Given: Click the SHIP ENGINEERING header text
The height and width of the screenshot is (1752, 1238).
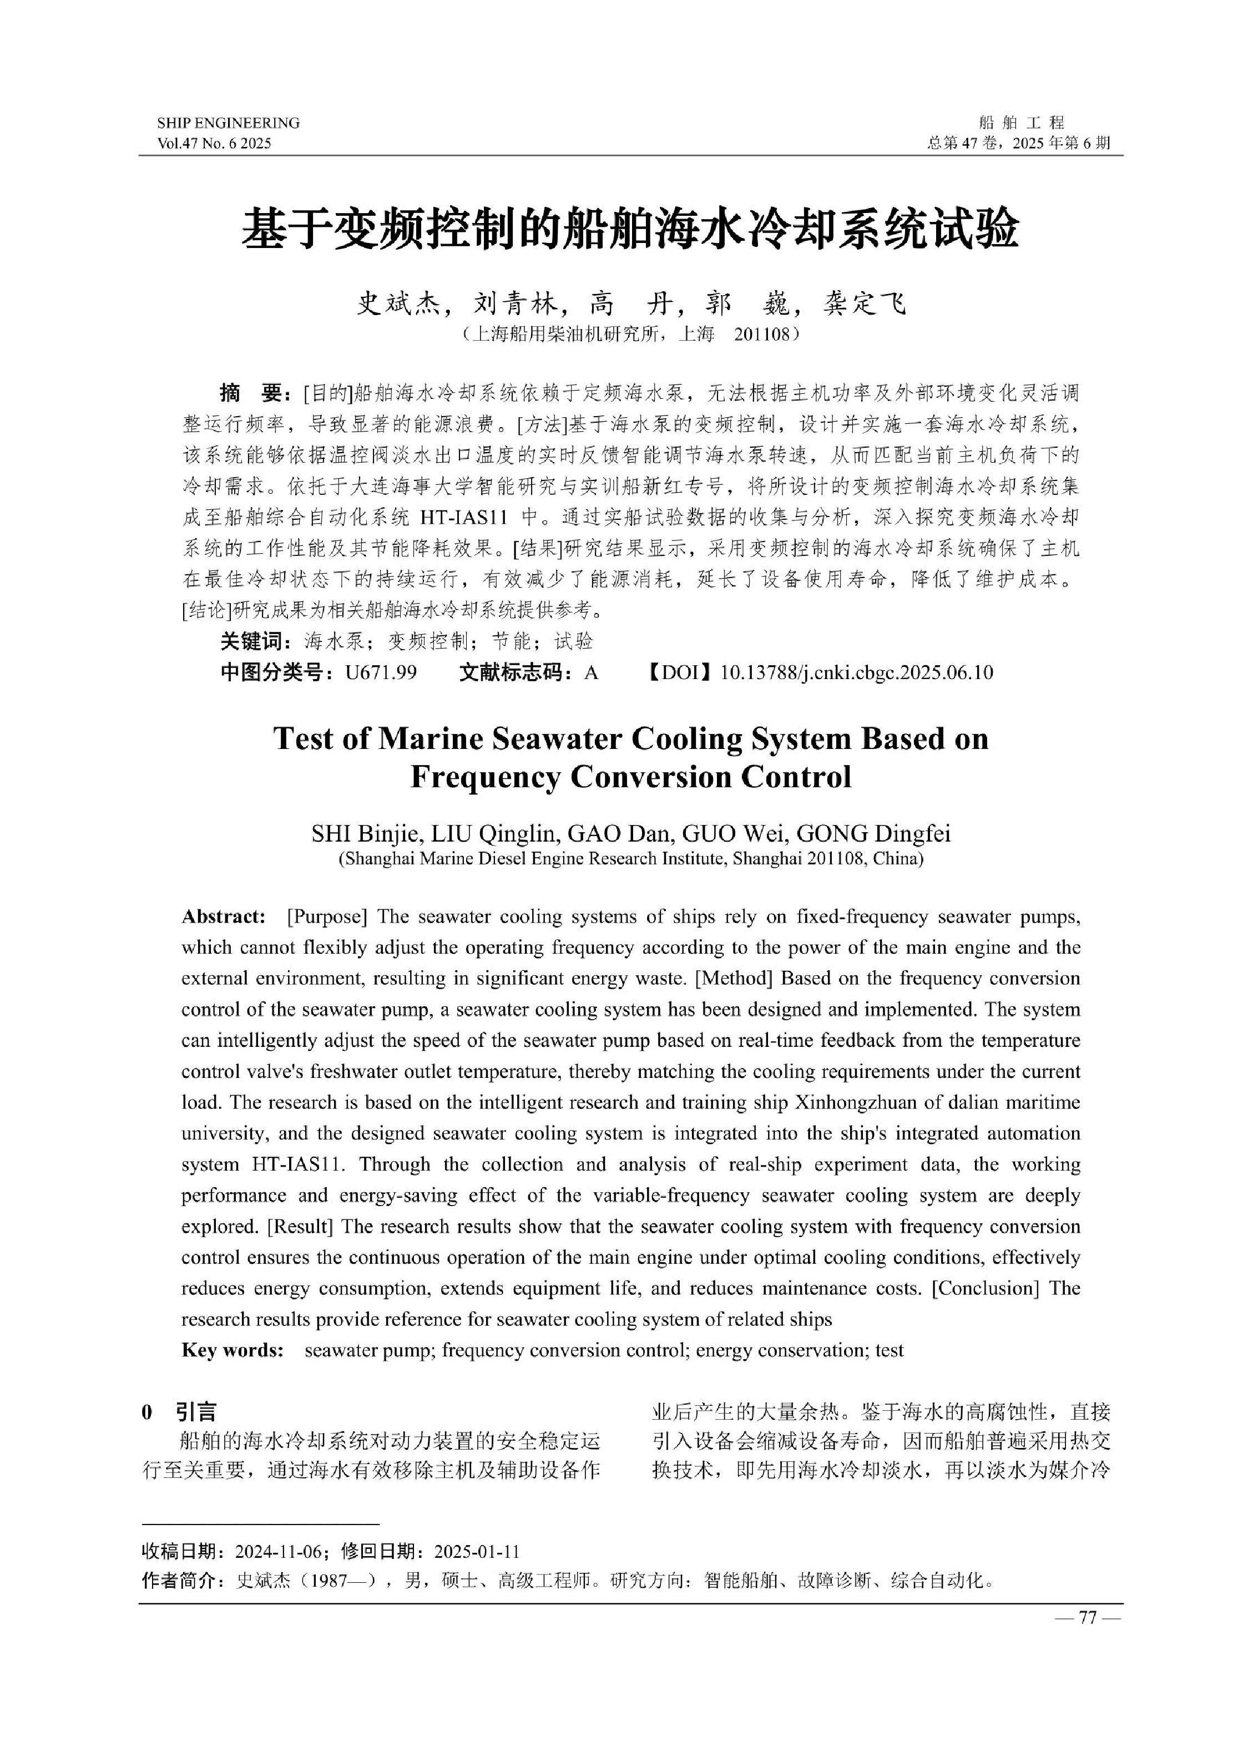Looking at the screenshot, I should pos(228,123).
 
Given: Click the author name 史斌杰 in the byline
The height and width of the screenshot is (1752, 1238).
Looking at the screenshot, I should pos(398,305).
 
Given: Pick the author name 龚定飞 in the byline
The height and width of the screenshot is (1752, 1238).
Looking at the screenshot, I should pos(863,305).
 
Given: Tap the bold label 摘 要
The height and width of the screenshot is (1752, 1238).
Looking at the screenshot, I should pos(251,394).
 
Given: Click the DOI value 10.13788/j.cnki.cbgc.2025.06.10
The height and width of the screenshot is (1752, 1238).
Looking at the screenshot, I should pos(856,672).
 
